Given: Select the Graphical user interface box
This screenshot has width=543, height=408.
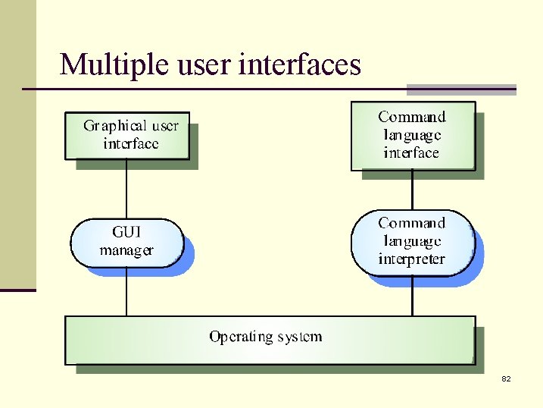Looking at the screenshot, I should coord(127,136).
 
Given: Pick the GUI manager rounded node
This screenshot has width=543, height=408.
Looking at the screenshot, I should coord(126,242).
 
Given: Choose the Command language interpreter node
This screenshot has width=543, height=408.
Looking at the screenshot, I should coord(412,242).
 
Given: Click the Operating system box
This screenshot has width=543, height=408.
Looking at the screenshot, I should coord(270,340).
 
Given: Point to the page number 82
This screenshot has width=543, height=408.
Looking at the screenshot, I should coord(506,378).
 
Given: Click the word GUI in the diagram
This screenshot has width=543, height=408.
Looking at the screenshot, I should coord(126,232).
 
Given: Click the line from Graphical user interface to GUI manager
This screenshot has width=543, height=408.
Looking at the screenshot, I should coord(126,189).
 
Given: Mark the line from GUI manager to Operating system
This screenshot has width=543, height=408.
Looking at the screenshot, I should coord(126,291).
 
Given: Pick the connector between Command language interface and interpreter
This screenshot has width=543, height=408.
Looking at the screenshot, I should coord(412,190).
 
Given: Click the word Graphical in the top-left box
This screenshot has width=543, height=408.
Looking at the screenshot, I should coord(114,126).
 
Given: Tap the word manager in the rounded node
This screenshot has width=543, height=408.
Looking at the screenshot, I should coord(126,250).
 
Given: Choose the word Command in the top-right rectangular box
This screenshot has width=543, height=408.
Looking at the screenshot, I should coord(412,117).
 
